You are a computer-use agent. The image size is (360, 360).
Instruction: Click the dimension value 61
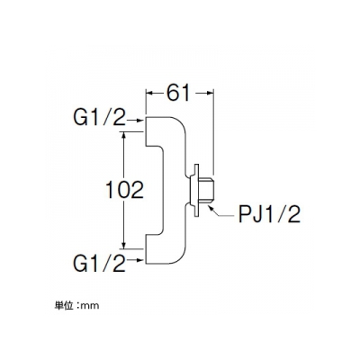[178, 93]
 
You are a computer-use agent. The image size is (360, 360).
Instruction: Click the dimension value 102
[125, 190]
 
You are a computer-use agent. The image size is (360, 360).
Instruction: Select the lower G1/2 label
[99, 264]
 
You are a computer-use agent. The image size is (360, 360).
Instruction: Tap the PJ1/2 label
[269, 214]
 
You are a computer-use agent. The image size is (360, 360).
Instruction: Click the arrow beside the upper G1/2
[135, 121]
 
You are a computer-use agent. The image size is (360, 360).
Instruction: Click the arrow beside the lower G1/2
[135, 260]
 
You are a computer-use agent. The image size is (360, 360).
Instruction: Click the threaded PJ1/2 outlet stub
[206, 190]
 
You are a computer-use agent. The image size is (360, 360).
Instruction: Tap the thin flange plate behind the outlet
[196, 190]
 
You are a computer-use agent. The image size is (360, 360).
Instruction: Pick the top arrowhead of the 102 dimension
[123, 136]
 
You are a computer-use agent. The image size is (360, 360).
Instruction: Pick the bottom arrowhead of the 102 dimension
[123, 245]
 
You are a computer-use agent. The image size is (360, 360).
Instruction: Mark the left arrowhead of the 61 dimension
[149, 93]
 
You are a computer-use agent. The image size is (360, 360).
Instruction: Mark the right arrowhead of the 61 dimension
[209, 93]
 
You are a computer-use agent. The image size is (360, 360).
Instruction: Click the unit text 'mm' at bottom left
[90, 306]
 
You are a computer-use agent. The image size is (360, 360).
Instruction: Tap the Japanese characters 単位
[64, 306]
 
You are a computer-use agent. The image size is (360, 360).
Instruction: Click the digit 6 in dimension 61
[173, 93]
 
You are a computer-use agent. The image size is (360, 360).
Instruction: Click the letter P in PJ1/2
[245, 214]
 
